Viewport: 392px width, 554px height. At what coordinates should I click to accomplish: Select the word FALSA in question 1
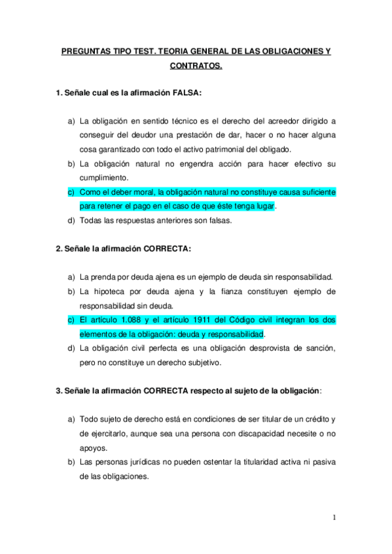click(x=186, y=93)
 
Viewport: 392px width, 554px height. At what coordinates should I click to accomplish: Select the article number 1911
click(x=225, y=319)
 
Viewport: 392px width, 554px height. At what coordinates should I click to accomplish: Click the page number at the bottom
click(x=334, y=518)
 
